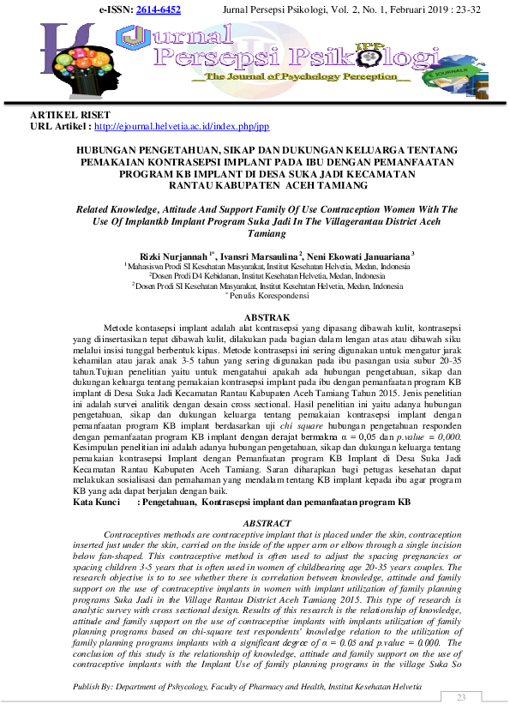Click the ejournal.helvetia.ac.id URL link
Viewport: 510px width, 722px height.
(x=181, y=126)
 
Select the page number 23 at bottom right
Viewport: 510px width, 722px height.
(x=461, y=697)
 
